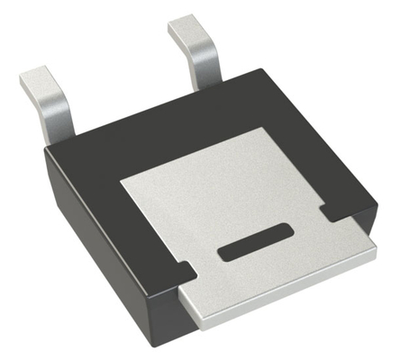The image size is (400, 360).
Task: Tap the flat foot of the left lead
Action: (38, 78)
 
